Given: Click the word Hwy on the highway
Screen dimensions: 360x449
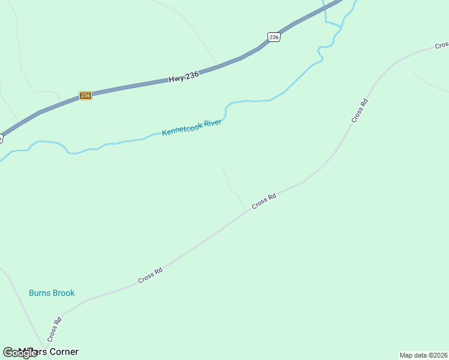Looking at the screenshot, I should [175, 78].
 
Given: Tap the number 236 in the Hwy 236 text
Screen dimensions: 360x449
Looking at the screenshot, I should [191, 74].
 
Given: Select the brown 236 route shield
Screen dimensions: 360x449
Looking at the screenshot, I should [85, 95].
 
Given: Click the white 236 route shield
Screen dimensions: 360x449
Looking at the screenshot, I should [274, 37].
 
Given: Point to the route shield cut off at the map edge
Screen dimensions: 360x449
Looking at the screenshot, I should [1, 138].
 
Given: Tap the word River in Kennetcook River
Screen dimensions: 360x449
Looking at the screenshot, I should [213, 122].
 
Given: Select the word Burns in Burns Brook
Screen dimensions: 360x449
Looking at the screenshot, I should [40, 293].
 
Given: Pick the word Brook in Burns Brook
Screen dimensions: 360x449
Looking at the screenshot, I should [63, 293].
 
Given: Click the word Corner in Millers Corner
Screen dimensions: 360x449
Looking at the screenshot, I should [62, 352].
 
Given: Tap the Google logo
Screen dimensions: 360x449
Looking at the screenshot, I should [20, 353].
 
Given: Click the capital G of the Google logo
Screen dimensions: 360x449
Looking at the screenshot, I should [8, 353].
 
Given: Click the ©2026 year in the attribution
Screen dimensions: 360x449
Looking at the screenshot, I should [437, 355].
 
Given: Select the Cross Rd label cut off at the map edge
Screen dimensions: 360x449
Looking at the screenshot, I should [442, 45].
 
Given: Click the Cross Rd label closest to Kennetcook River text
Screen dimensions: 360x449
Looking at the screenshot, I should [264, 200].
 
